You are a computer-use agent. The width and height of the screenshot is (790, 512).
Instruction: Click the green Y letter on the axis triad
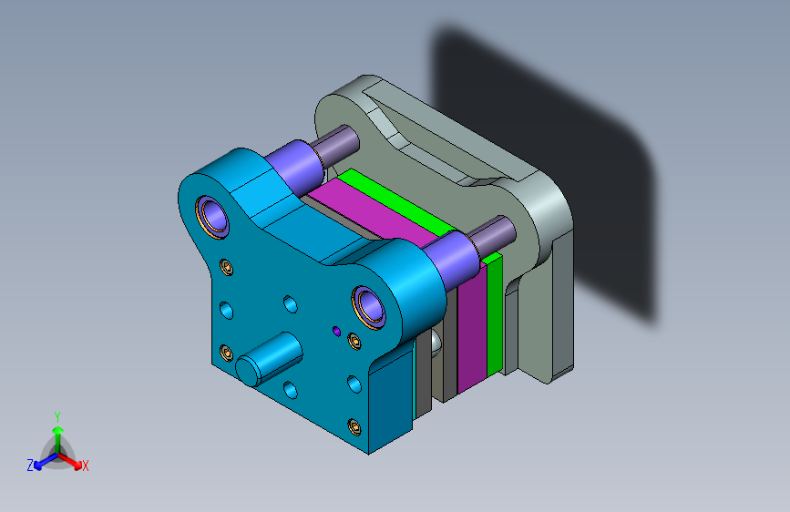57,417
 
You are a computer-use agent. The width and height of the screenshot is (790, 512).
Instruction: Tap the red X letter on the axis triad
86,466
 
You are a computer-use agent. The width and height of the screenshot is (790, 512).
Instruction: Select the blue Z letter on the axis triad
30,466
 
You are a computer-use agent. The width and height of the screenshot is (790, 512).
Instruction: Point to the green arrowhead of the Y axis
58,430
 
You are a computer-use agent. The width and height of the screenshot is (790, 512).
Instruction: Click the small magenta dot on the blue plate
336,331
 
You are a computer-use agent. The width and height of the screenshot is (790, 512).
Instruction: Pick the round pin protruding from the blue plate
270,359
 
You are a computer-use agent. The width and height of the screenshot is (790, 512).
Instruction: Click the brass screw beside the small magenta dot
355,342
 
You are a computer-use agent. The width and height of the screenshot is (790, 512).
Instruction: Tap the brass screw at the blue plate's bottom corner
354,427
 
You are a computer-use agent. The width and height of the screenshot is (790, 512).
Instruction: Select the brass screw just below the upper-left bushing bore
227,267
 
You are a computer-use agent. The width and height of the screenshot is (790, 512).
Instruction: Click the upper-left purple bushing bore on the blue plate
213,217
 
